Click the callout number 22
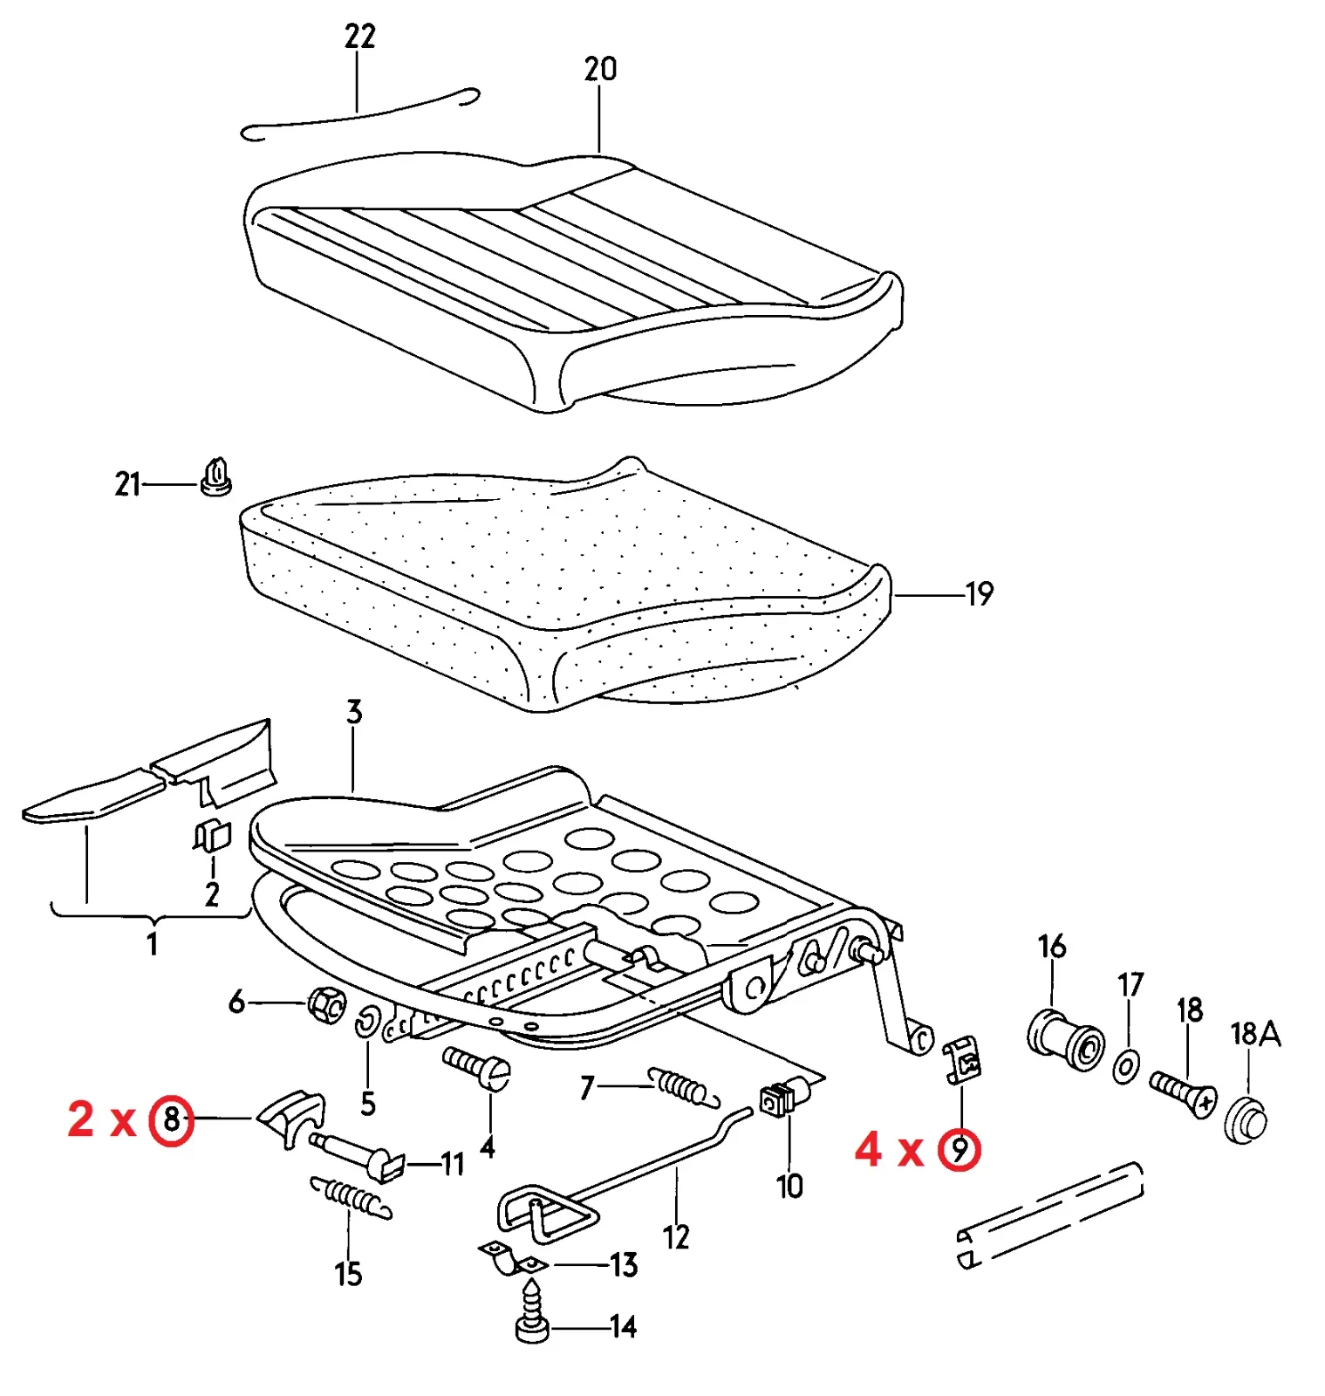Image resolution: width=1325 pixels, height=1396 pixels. coord(359,37)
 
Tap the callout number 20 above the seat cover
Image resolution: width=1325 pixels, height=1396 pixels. coord(600,69)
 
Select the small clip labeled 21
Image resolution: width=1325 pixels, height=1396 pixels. coord(215,477)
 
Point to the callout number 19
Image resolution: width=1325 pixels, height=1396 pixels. coord(980,594)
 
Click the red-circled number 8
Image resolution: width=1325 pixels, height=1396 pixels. coord(172,1119)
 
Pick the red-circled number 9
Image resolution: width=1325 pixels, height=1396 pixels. coord(959,1150)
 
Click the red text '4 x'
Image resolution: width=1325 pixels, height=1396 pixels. coord(888,1149)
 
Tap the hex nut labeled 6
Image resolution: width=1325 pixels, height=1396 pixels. coord(326,1005)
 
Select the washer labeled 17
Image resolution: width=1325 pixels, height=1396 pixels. coord(1126,1065)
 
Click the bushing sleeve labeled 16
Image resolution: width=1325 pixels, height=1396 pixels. coord(1065,1039)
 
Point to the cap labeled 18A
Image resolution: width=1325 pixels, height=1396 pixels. coord(1246,1121)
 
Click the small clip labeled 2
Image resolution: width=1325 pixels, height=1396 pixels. coord(212,836)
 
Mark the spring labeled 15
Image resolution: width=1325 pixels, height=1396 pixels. coord(351,1197)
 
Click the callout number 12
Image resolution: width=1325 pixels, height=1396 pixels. coord(676,1236)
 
